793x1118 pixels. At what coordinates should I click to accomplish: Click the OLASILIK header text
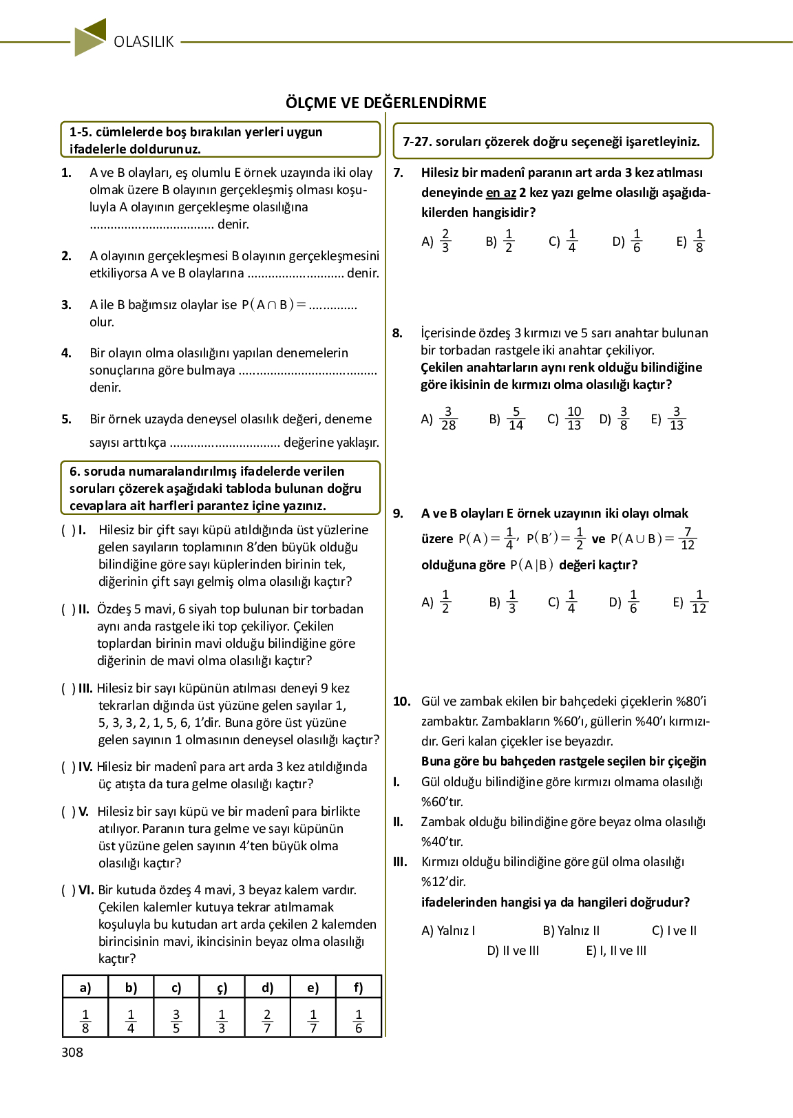tap(144, 42)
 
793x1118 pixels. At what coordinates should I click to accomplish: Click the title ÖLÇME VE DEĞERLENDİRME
tap(386, 103)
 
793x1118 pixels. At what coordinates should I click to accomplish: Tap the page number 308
tap(72, 1052)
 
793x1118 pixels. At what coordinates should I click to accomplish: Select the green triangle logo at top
tap(90, 37)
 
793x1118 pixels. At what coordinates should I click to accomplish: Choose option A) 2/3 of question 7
tap(436, 241)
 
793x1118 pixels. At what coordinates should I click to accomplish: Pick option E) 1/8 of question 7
tap(690, 241)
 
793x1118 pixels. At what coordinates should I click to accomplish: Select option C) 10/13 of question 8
tap(565, 419)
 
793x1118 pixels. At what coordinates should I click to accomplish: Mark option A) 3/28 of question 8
tap(439, 419)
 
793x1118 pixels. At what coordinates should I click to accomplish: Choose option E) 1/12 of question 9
tap(690, 602)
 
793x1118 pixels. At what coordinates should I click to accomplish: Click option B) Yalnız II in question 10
tap(571, 931)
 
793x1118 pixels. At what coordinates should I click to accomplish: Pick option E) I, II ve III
tap(616, 951)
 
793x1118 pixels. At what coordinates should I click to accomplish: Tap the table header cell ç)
tap(222, 988)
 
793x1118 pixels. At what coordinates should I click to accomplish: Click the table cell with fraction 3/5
tap(176, 1021)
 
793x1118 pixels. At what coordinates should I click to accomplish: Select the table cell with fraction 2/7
tap(267, 1021)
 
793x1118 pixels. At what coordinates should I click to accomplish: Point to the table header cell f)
tap(358, 988)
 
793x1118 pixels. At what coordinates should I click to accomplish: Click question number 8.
tap(398, 333)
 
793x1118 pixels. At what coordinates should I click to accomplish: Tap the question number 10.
tap(401, 702)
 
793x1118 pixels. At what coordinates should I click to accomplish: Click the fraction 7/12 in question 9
tap(687, 538)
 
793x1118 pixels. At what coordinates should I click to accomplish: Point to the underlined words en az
tap(500, 193)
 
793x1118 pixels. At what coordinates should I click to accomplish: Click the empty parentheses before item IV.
tap(68, 767)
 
